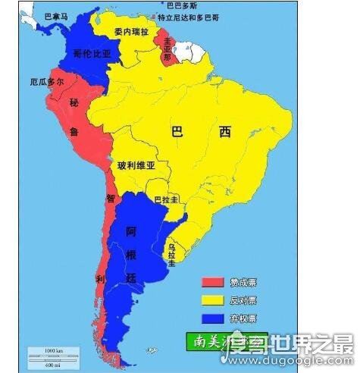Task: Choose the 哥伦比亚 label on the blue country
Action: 92,53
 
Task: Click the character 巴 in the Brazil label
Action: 177,132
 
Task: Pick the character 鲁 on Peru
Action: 75,132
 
